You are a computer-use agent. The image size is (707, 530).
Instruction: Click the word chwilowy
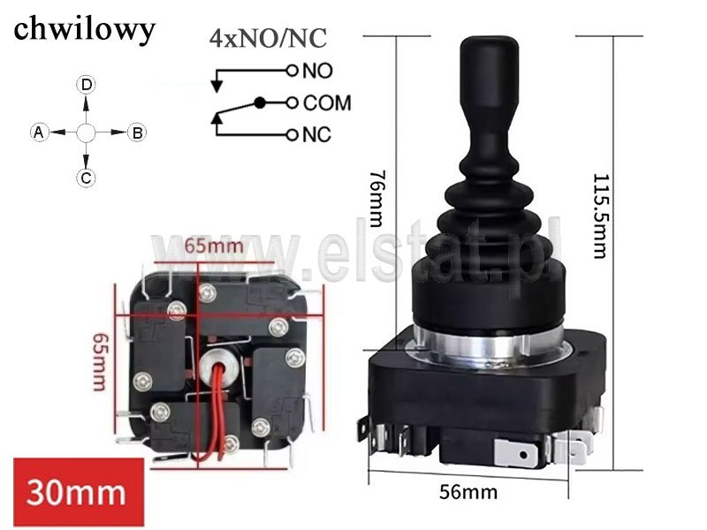[x=84, y=30]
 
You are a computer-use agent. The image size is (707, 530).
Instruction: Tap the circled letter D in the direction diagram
[x=86, y=85]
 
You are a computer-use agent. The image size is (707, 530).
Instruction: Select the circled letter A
[x=39, y=132]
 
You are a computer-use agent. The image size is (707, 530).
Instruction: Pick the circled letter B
[x=137, y=133]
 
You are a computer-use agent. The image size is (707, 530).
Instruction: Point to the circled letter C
[x=86, y=178]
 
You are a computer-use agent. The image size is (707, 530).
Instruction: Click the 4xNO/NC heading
[x=268, y=38]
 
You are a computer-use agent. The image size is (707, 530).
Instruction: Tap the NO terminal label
[x=318, y=71]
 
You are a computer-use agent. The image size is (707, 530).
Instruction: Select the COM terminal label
[x=327, y=102]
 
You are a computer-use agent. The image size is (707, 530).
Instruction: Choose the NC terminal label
[x=317, y=135]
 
